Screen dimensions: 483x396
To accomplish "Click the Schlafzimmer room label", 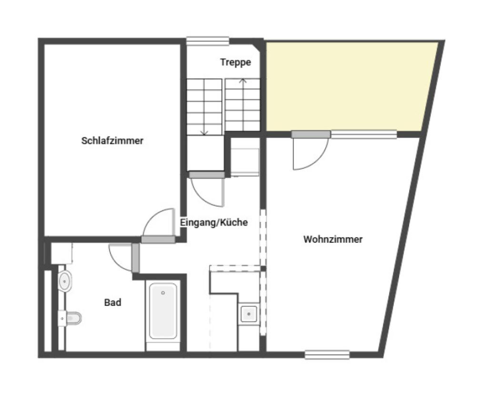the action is pyautogui.click(x=112, y=141).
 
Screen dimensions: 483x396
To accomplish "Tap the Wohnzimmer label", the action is pyautogui.click(x=333, y=239).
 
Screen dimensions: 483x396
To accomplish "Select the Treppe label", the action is pyautogui.click(x=236, y=63).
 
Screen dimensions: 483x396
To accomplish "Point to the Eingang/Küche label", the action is pyautogui.click(x=214, y=222).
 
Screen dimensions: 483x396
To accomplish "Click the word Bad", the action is pyautogui.click(x=113, y=302).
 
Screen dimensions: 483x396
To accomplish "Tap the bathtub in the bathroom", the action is pyautogui.click(x=163, y=311).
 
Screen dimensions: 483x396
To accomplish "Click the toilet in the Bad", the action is pyautogui.click(x=70, y=318).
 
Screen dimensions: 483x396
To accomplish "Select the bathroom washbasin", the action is pyautogui.click(x=65, y=281).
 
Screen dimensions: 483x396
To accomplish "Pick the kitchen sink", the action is pyautogui.click(x=249, y=314).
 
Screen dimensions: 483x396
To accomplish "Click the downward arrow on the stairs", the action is pyautogui.click(x=204, y=107).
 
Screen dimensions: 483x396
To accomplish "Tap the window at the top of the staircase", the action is pyautogui.click(x=208, y=41).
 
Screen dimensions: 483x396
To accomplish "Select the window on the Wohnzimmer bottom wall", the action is pyautogui.click(x=327, y=354).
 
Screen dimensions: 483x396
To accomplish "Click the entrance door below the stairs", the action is pyautogui.click(x=207, y=189).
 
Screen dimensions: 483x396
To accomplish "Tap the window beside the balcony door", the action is pyautogui.click(x=364, y=134).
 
